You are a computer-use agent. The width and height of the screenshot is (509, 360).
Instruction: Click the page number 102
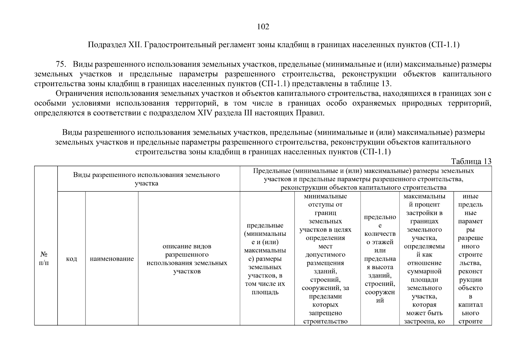pos(263,27)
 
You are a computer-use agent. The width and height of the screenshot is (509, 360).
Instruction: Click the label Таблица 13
pos(471,161)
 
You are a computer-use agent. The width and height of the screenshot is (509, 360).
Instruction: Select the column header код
pos(71,259)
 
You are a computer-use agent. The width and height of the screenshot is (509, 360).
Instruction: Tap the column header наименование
pos(112,259)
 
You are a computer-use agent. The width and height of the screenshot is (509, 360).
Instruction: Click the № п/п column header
pos(44,259)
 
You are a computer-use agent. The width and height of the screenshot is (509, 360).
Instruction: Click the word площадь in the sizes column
pos(265,292)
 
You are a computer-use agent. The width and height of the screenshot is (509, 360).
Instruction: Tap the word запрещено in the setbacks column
pos(325,313)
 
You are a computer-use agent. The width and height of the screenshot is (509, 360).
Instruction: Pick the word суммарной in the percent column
pos(424,271)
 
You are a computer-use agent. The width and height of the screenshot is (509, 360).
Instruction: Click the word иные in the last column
pos(470,196)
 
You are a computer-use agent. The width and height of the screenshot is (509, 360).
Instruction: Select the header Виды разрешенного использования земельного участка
pos(146,179)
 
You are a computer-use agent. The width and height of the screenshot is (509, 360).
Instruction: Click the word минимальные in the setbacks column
pos(325,196)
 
